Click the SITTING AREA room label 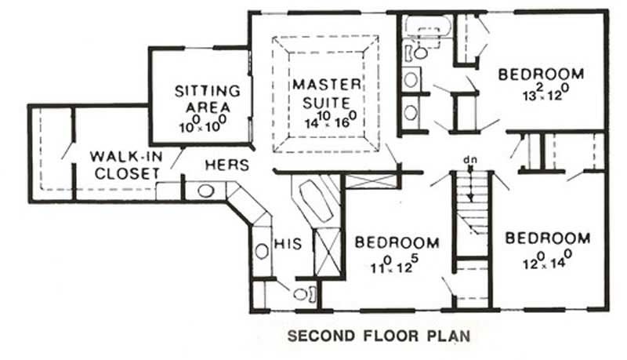pyautogui.click(x=207, y=98)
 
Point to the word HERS pyautogui.click(x=227, y=165)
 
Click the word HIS pyautogui.click(x=283, y=245)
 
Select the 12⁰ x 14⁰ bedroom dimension pyautogui.click(x=546, y=256)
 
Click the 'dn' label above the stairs pyautogui.click(x=470, y=160)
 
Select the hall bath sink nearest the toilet pyautogui.click(x=411, y=79)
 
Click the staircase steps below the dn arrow pyautogui.click(x=471, y=204)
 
